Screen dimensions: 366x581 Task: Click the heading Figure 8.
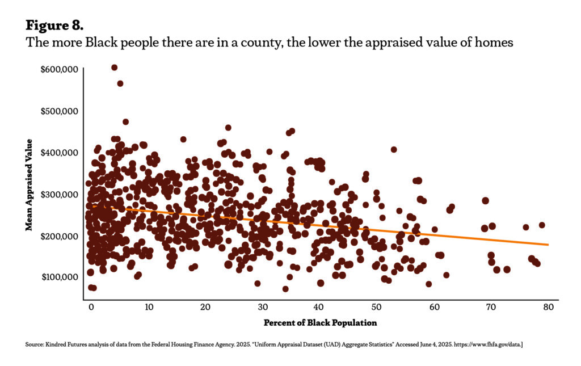55,26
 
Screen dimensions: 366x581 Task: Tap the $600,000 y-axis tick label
58,70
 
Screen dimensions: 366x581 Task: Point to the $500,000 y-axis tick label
58,111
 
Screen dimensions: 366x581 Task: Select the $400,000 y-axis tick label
58,153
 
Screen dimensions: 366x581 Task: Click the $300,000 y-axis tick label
58,194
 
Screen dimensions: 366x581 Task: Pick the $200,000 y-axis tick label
58,235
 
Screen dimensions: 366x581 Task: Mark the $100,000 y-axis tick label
58,277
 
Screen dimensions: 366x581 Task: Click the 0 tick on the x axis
91,307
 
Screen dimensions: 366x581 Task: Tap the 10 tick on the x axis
148,307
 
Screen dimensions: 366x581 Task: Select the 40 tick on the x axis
320,307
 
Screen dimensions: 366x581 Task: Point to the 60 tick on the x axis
435,307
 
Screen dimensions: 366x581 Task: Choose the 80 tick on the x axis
549,307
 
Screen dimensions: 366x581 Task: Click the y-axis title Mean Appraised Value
28,184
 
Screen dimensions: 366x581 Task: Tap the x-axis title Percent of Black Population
320,323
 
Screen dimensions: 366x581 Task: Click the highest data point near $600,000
114,68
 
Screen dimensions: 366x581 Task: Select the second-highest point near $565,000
120,83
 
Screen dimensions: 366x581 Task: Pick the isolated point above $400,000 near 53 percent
394,150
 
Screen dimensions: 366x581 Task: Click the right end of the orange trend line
548,245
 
